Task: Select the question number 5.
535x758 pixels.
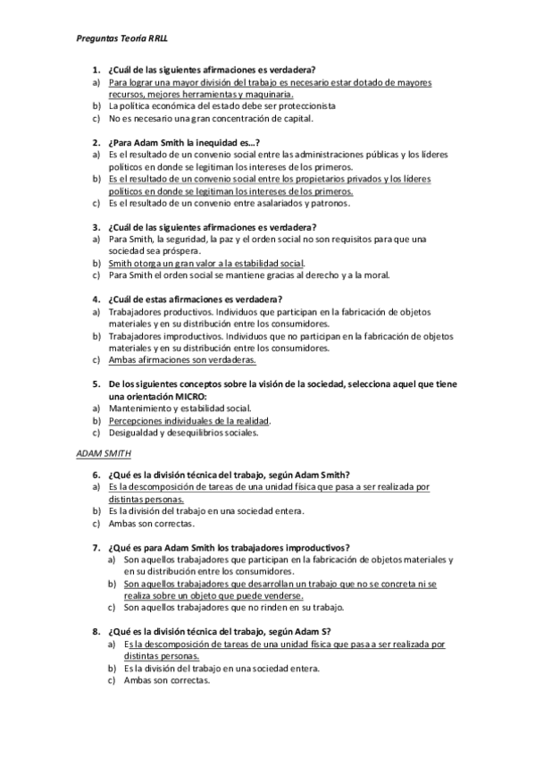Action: (96, 383)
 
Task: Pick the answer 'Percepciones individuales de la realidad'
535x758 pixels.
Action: (188, 420)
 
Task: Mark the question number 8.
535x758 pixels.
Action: (96, 631)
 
